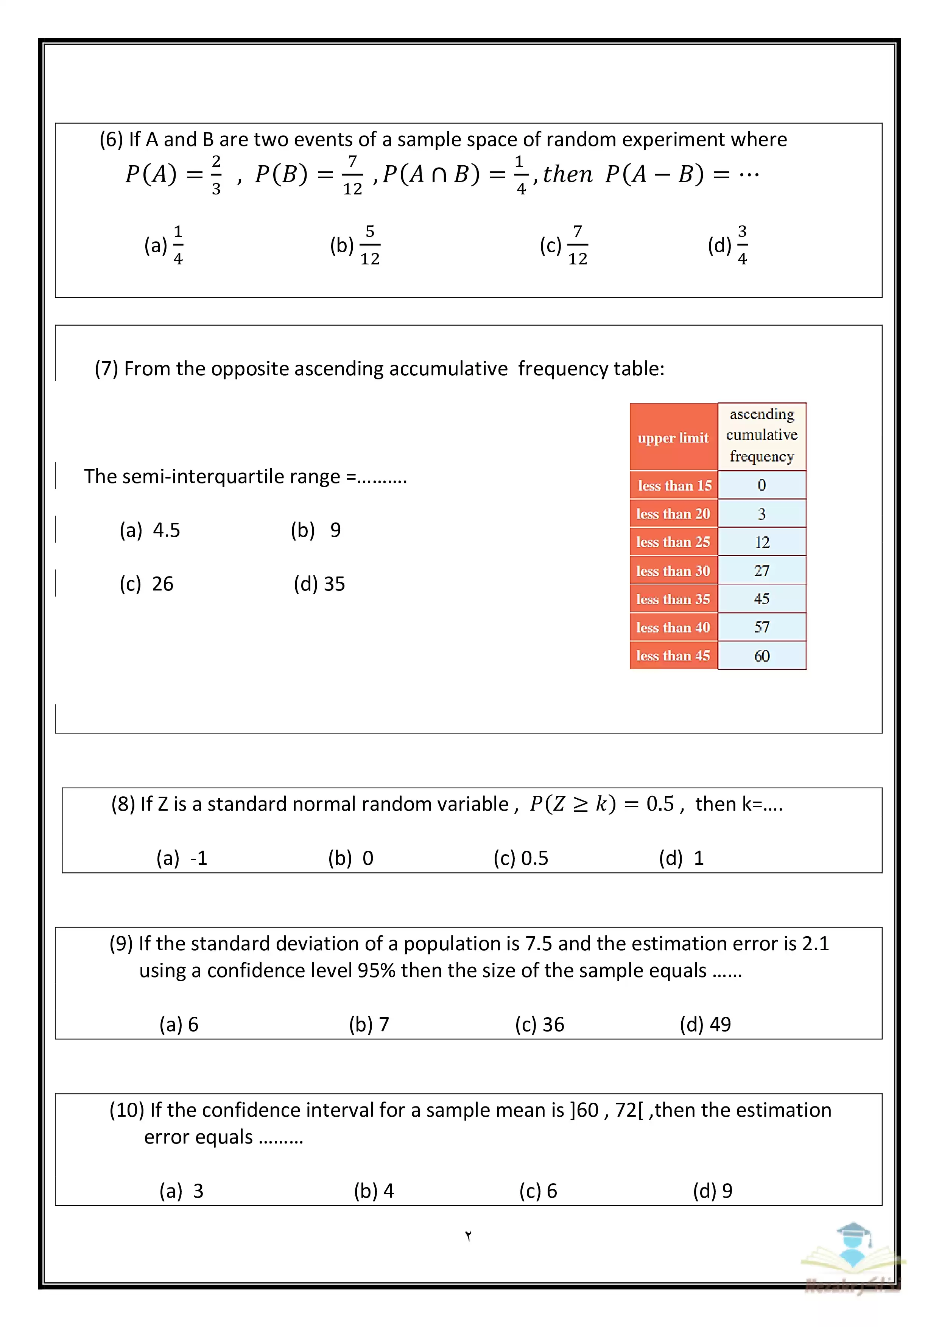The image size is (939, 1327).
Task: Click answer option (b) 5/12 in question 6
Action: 355,246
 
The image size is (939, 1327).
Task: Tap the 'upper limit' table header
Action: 673,438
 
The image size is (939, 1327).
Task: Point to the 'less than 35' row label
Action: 673,599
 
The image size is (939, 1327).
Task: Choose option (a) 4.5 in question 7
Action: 150,530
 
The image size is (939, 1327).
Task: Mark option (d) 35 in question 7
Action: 319,584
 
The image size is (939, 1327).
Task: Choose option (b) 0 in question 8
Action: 350,858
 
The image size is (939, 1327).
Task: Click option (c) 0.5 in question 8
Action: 520,858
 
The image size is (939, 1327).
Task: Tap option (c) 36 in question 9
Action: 539,1024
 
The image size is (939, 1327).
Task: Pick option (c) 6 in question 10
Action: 538,1190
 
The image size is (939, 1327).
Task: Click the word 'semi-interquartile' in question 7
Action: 203,476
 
